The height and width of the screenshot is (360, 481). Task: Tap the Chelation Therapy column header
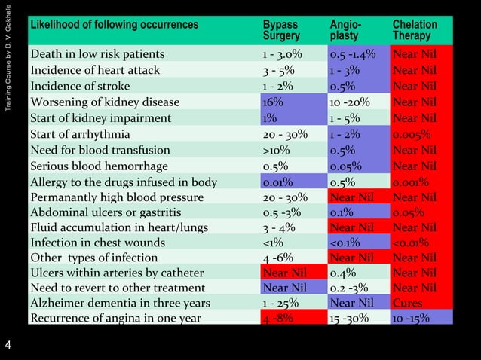click(415, 30)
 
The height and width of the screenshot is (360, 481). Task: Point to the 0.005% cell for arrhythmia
click(412, 133)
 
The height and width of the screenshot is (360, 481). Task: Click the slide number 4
click(8, 346)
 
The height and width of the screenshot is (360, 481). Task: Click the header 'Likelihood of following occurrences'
click(114, 25)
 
